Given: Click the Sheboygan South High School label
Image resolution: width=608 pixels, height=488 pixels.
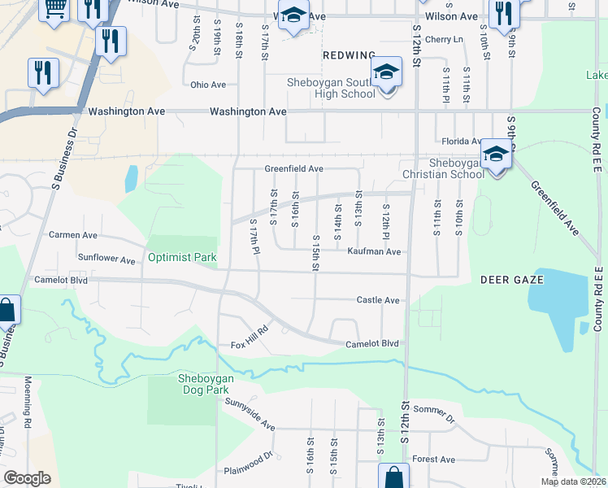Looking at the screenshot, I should click(x=330, y=87).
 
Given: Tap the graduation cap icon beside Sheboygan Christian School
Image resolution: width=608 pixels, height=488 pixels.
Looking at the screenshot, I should click(x=495, y=155).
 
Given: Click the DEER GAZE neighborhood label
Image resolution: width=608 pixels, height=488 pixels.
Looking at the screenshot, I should click(x=511, y=280).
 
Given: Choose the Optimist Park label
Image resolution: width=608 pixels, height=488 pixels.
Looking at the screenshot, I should click(x=182, y=258).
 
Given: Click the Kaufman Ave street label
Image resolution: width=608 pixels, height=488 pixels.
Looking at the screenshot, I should click(x=374, y=252).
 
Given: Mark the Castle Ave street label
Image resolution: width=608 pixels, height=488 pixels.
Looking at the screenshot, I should click(x=378, y=300).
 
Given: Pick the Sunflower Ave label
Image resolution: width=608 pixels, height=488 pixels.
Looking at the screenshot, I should click(x=106, y=261).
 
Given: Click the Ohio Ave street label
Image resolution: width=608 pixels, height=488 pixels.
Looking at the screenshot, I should click(x=207, y=85).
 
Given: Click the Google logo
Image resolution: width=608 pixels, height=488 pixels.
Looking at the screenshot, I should click(x=27, y=478).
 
